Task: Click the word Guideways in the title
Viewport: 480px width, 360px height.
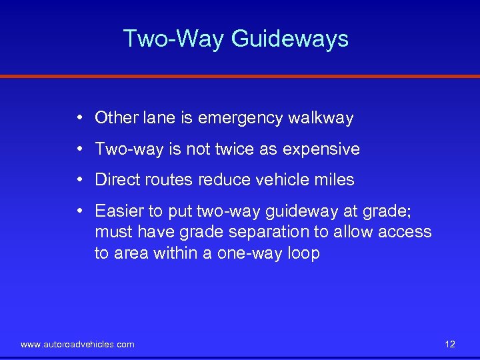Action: tap(290, 39)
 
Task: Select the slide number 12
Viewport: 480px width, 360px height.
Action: tap(449, 344)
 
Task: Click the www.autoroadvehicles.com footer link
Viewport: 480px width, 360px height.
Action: tap(77, 344)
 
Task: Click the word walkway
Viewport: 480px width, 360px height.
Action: tap(321, 119)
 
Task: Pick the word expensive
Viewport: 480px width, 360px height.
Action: tap(321, 149)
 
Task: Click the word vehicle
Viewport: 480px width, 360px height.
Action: tap(284, 180)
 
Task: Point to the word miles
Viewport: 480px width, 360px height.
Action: tap(336, 180)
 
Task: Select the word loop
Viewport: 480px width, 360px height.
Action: tap(304, 253)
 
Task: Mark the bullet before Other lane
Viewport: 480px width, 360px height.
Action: tap(79, 118)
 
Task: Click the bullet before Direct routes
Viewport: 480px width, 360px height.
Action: tap(79, 179)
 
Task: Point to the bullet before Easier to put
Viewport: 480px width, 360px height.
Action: tap(79, 211)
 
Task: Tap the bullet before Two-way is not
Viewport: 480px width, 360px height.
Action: tap(79, 149)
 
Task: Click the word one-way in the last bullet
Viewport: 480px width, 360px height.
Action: tap(245, 253)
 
